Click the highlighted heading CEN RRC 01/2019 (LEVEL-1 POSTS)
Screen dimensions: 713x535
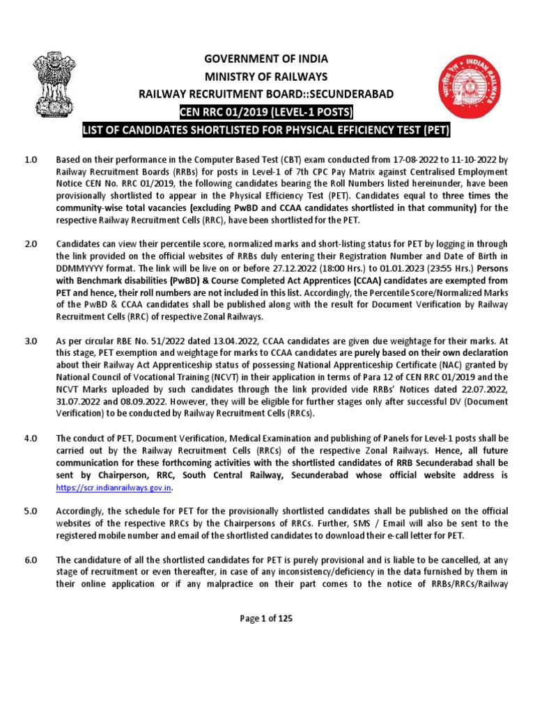(x=267, y=113)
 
